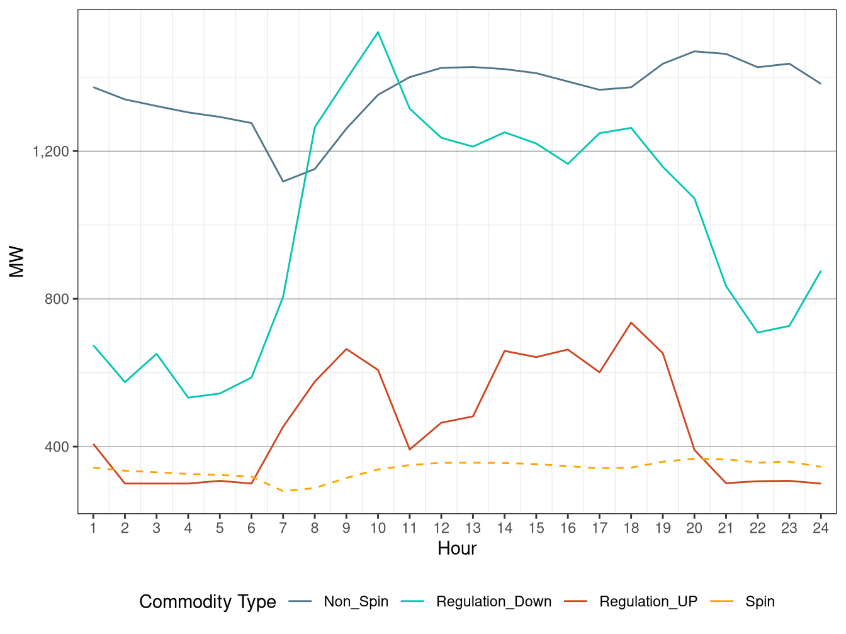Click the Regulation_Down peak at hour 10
point(378,32)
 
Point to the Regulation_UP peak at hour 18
point(631,323)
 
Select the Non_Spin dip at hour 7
point(283,182)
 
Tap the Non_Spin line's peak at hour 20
point(694,51)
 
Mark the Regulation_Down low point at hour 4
point(188,398)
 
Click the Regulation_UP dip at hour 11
point(409,449)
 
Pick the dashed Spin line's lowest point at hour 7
point(283,491)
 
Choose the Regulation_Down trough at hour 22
point(758,332)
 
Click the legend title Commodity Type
point(208,602)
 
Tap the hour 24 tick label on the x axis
point(821,528)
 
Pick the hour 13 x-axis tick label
point(473,528)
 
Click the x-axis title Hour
point(457,548)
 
